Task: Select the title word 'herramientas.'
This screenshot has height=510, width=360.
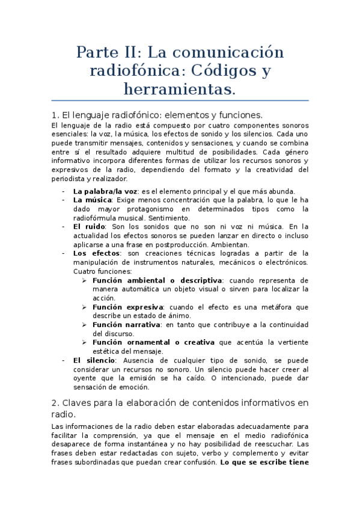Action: [180, 90]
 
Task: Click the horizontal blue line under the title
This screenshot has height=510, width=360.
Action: [180, 100]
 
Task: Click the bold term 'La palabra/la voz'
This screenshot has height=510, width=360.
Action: [105, 191]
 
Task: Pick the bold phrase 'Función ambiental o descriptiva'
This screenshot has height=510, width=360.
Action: [157, 280]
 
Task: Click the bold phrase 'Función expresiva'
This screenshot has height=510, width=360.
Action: [126, 307]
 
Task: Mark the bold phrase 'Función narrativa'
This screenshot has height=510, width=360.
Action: [126, 325]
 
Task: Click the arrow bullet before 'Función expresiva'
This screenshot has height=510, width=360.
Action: [85, 307]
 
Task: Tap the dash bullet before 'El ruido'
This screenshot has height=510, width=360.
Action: [64, 227]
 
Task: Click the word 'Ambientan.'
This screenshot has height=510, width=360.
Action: [230, 244]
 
